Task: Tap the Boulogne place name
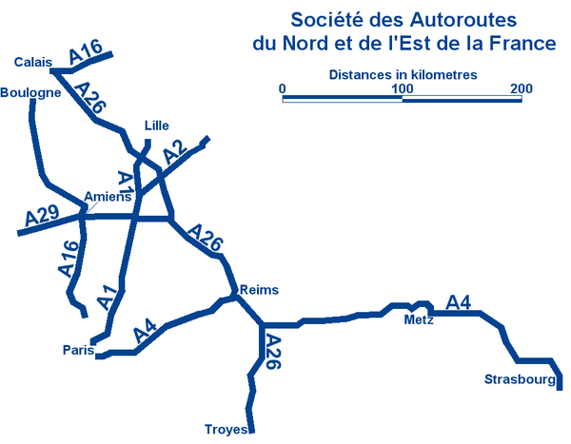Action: coord(31,92)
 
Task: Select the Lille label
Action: coord(155,125)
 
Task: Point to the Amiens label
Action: coord(107,197)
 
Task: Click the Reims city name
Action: coord(262,290)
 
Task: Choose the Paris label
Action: coord(78,350)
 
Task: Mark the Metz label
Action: coord(419,320)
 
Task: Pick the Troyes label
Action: coord(226,430)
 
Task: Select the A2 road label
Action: coord(173,154)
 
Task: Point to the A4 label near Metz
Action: coord(459,302)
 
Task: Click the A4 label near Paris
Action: coord(145,332)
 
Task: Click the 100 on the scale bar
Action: coord(402,88)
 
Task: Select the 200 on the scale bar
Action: coord(521,88)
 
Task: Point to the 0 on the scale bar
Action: coord(283,88)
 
